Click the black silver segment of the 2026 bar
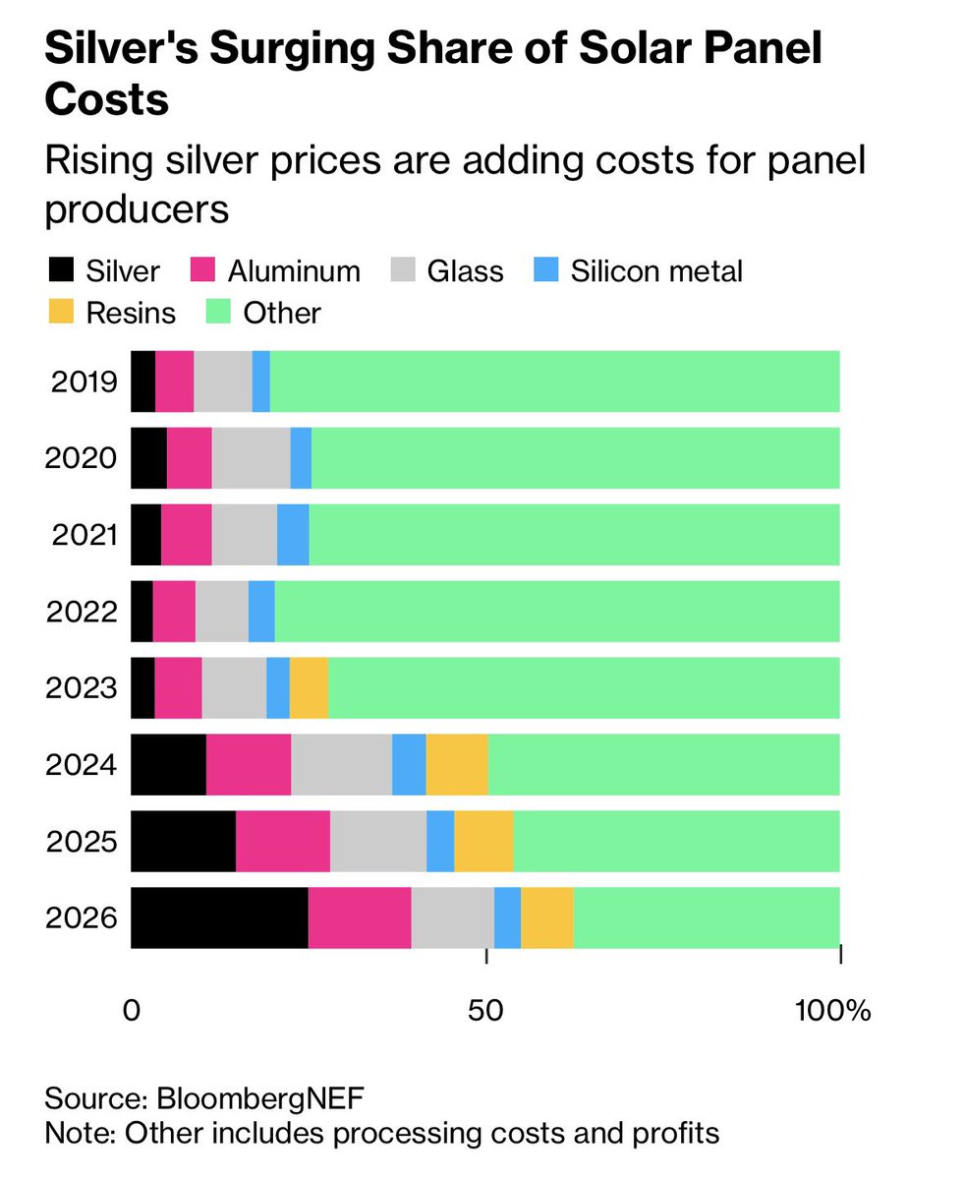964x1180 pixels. coord(219,917)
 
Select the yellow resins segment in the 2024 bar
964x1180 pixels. coord(457,764)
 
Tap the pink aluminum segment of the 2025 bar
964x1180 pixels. coord(283,841)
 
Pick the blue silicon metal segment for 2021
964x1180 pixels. coord(293,534)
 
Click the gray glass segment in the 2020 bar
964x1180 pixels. coord(251,457)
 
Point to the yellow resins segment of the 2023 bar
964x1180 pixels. coord(309,687)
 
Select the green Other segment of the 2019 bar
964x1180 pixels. coord(555,381)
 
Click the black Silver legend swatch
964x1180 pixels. coord(60,270)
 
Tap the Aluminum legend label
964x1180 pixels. coord(294,270)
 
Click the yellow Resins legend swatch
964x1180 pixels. coord(60,313)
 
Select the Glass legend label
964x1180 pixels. coord(465,270)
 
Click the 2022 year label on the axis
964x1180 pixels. coord(81,611)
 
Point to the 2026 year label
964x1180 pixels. coord(81,917)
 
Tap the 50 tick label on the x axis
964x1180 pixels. coord(487,1011)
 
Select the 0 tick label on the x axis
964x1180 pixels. coord(132,1011)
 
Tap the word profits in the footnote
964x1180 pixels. coord(672,1132)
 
